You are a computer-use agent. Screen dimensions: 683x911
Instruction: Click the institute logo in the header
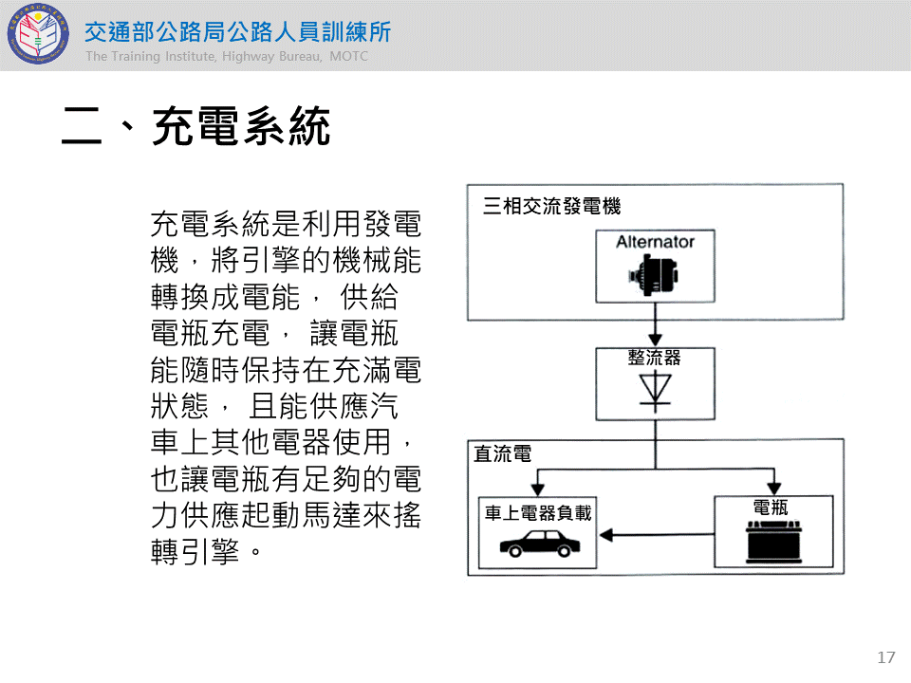coord(38,35)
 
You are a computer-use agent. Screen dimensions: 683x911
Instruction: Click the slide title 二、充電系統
coord(196,127)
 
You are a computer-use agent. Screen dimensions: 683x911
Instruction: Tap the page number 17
coord(887,657)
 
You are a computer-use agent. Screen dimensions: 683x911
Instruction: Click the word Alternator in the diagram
coord(655,242)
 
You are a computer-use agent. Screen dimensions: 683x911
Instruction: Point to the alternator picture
coord(655,278)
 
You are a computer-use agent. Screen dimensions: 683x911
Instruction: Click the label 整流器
coord(655,358)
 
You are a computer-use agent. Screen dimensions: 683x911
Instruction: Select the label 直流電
coord(503,454)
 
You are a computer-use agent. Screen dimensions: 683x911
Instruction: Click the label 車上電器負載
coord(538,512)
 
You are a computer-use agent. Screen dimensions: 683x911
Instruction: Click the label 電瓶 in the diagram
coord(771,508)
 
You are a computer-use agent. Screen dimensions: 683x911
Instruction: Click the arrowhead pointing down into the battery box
coord(774,488)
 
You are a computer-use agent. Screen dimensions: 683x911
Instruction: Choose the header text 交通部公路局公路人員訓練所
coord(237,31)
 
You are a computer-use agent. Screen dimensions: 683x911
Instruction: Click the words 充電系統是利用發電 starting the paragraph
coord(285,226)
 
